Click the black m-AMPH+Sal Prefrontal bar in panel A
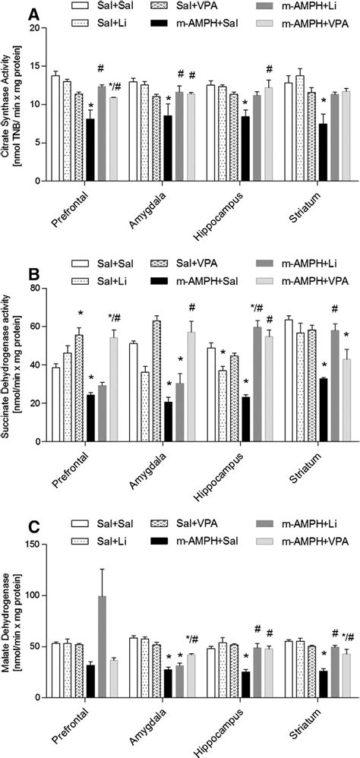(90, 150)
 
